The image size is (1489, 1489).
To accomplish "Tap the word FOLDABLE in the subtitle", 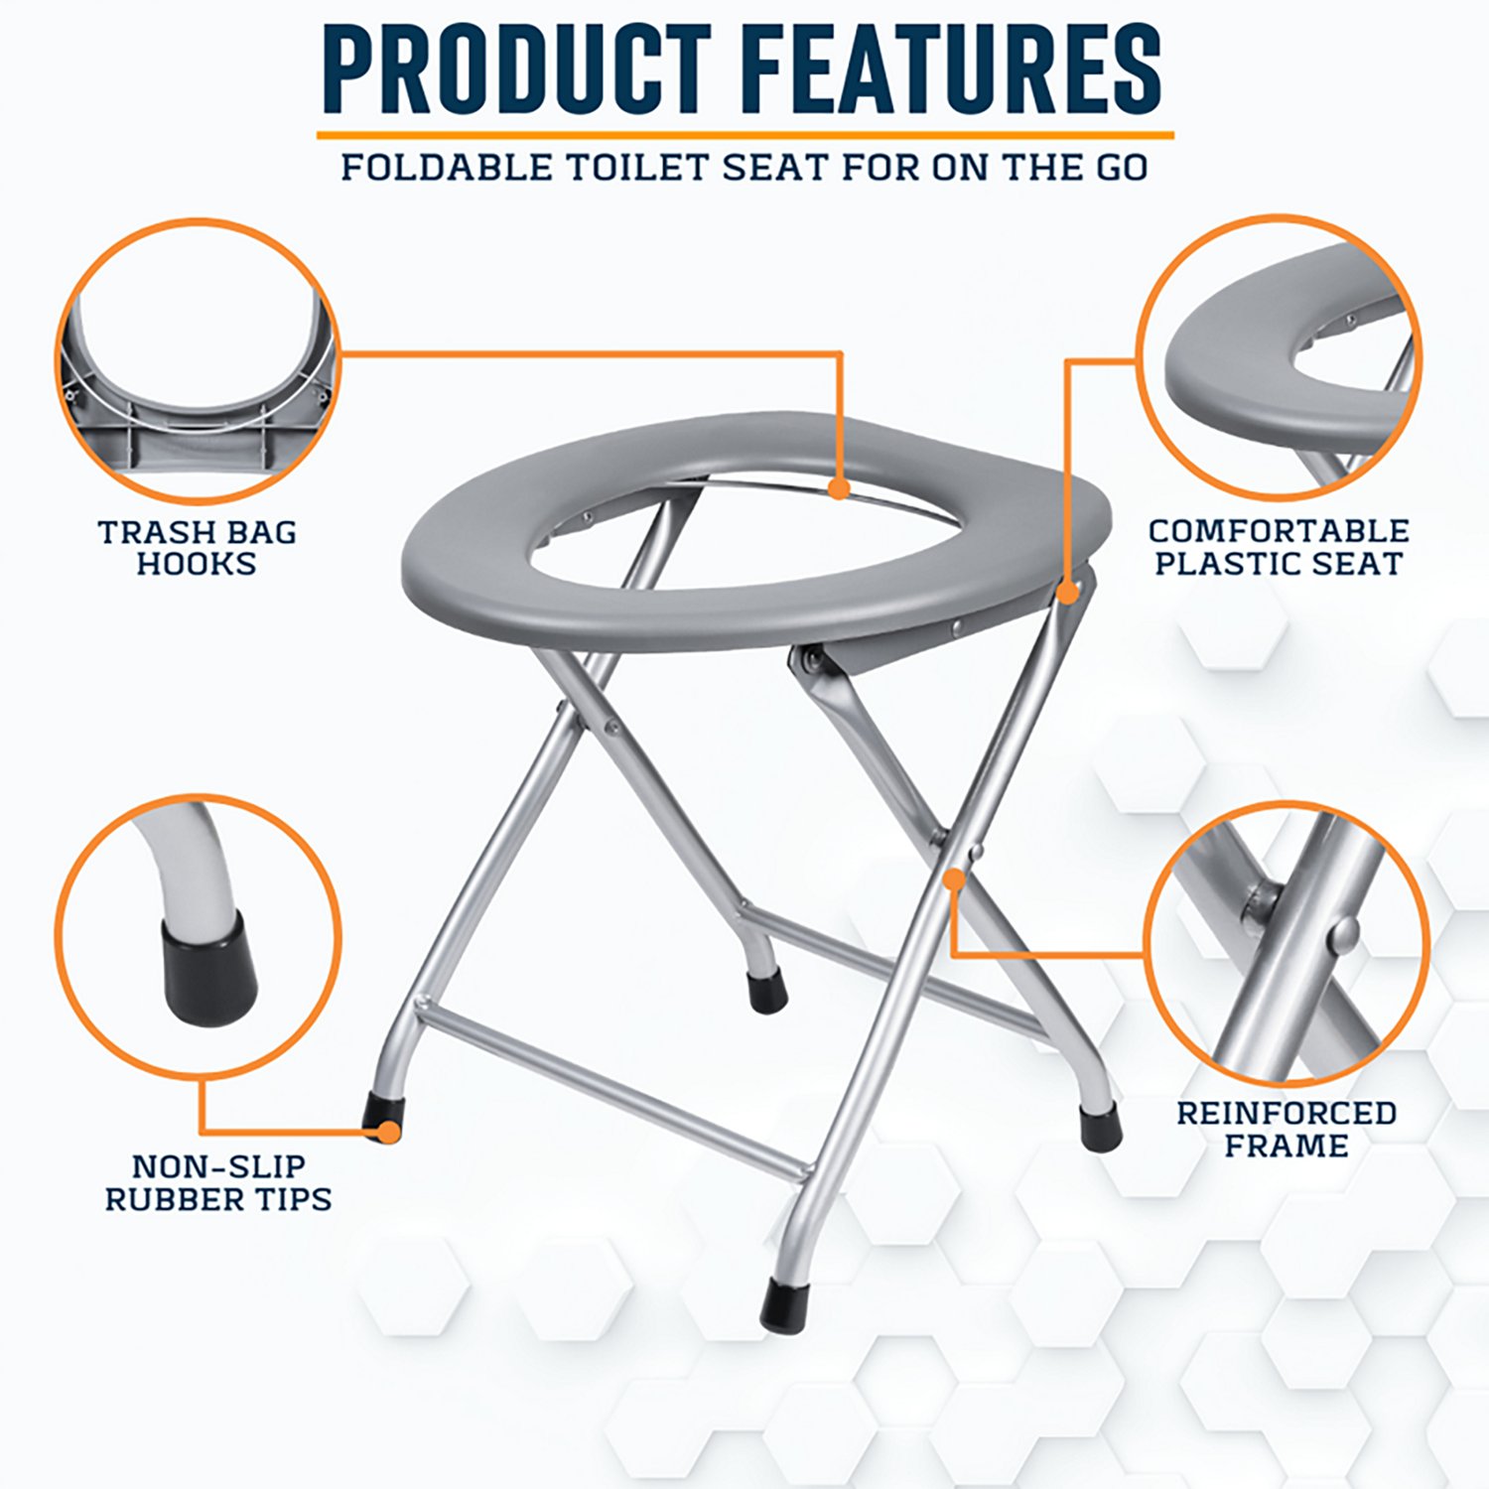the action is click(447, 167).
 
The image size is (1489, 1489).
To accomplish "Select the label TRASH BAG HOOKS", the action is click(198, 547).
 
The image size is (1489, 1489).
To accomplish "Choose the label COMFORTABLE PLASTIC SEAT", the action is click(1279, 547).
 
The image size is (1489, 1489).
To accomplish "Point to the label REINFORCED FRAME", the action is click(1286, 1129).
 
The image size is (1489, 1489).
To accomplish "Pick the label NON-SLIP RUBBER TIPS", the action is click(218, 1182).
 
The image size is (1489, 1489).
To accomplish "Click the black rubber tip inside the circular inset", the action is click(209, 967).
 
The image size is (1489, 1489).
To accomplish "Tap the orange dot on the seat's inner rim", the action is click(840, 488).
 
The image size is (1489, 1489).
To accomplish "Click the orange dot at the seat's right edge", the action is click(1067, 593).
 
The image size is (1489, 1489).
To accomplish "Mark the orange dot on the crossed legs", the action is click(954, 880).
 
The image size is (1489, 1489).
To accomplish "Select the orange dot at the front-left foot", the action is click(390, 1133).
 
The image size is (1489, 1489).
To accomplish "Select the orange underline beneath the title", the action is click(745, 134).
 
